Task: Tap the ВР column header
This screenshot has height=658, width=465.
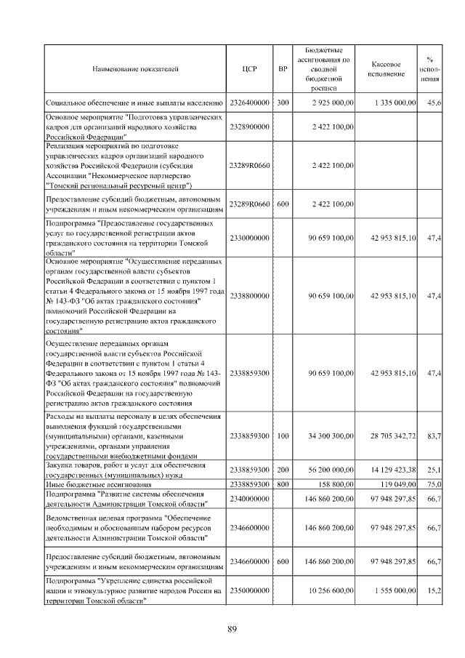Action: tap(283, 69)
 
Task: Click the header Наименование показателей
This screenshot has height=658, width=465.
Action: tap(135, 69)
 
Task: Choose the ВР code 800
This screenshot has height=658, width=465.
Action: tap(283, 484)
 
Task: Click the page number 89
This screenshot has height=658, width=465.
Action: tap(232, 629)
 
